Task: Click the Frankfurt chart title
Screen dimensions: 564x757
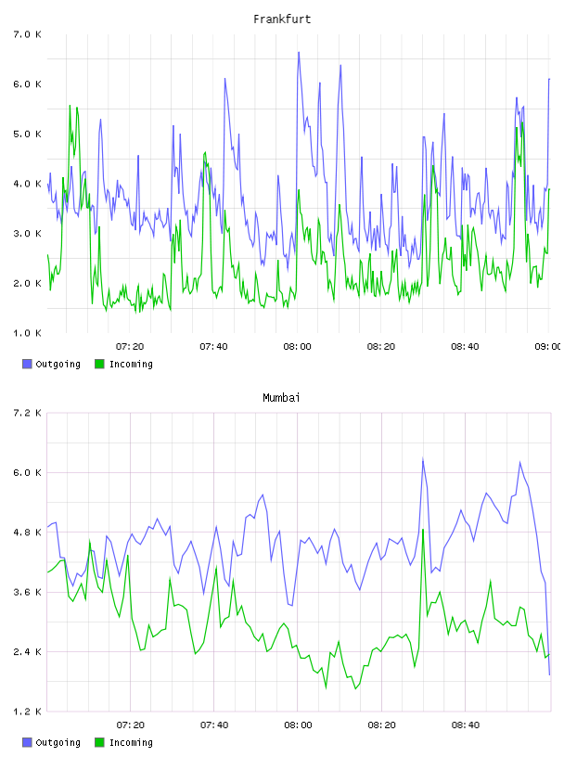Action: pyautogui.click(x=282, y=19)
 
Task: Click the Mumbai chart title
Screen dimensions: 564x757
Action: pyautogui.click(x=281, y=398)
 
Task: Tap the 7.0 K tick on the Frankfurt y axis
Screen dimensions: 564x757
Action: pyautogui.click(x=28, y=34)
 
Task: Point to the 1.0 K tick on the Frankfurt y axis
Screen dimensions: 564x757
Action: pyautogui.click(x=28, y=333)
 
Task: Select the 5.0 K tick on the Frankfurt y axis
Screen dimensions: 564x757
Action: pyautogui.click(x=28, y=135)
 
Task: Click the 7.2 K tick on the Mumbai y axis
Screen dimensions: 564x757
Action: pyautogui.click(x=28, y=413)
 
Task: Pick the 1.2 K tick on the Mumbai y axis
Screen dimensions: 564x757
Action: pyautogui.click(x=28, y=712)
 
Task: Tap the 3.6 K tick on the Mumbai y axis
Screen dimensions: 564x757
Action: pyautogui.click(x=28, y=593)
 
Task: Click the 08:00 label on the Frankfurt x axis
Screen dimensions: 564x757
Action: pyautogui.click(x=298, y=347)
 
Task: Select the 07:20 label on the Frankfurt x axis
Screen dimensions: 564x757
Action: pyautogui.click(x=130, y=347)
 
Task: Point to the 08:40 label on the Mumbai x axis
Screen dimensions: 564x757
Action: pyautogui.click(x=466, y=725)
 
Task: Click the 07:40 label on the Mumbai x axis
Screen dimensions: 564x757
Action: pyautogui.click(x=214, y=725)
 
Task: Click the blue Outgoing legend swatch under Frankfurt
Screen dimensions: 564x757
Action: pyautogui.click(x=27, y=364)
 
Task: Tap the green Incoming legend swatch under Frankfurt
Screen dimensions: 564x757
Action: pyautogui.click(x=99, y=364)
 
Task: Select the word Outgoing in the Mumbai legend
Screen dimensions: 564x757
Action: pyautogui.click(x=58, y=742)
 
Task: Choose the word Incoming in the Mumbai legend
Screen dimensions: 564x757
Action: pyautogui.click(x=131, y=742)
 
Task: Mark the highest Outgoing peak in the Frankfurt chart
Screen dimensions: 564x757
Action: pyautogui.click(x=299, y=52)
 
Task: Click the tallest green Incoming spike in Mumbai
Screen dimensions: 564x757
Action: pyautogui.click(x=423, y=530)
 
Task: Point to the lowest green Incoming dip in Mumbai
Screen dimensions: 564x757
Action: pyautogui.click(x=356, y=688)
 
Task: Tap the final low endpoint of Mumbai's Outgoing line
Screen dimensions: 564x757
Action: pyautogui.click(x=549, y=674)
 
